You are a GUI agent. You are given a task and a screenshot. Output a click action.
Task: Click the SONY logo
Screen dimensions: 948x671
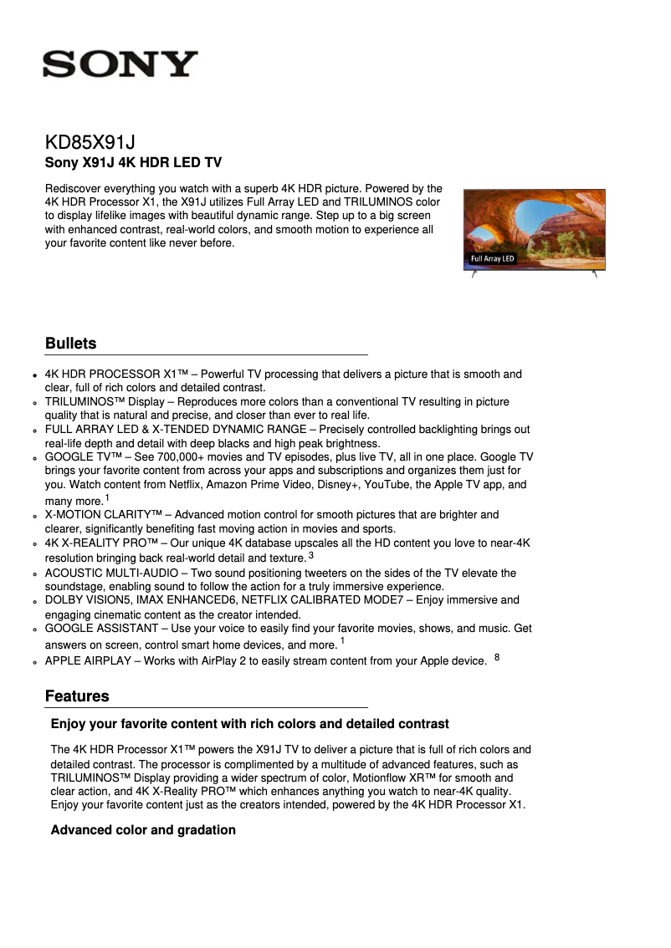[120, 64]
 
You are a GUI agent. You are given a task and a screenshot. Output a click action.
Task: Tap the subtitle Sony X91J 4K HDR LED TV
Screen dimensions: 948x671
[132, 162]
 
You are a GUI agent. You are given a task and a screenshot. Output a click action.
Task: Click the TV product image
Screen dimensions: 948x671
[534, 229]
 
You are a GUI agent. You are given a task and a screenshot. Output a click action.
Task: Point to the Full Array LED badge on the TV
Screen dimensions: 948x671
[492, 259]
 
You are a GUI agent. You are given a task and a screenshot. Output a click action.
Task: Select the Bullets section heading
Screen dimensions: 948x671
[70, 344]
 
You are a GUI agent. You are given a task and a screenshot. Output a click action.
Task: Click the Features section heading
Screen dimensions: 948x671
[77, 696]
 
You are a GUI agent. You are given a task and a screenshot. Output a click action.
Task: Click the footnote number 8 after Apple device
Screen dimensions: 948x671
[497, 658]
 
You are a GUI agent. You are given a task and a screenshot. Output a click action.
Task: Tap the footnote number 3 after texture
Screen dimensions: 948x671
[311, 555]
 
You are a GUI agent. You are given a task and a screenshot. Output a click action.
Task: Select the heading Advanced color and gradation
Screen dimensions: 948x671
[143, 830]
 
